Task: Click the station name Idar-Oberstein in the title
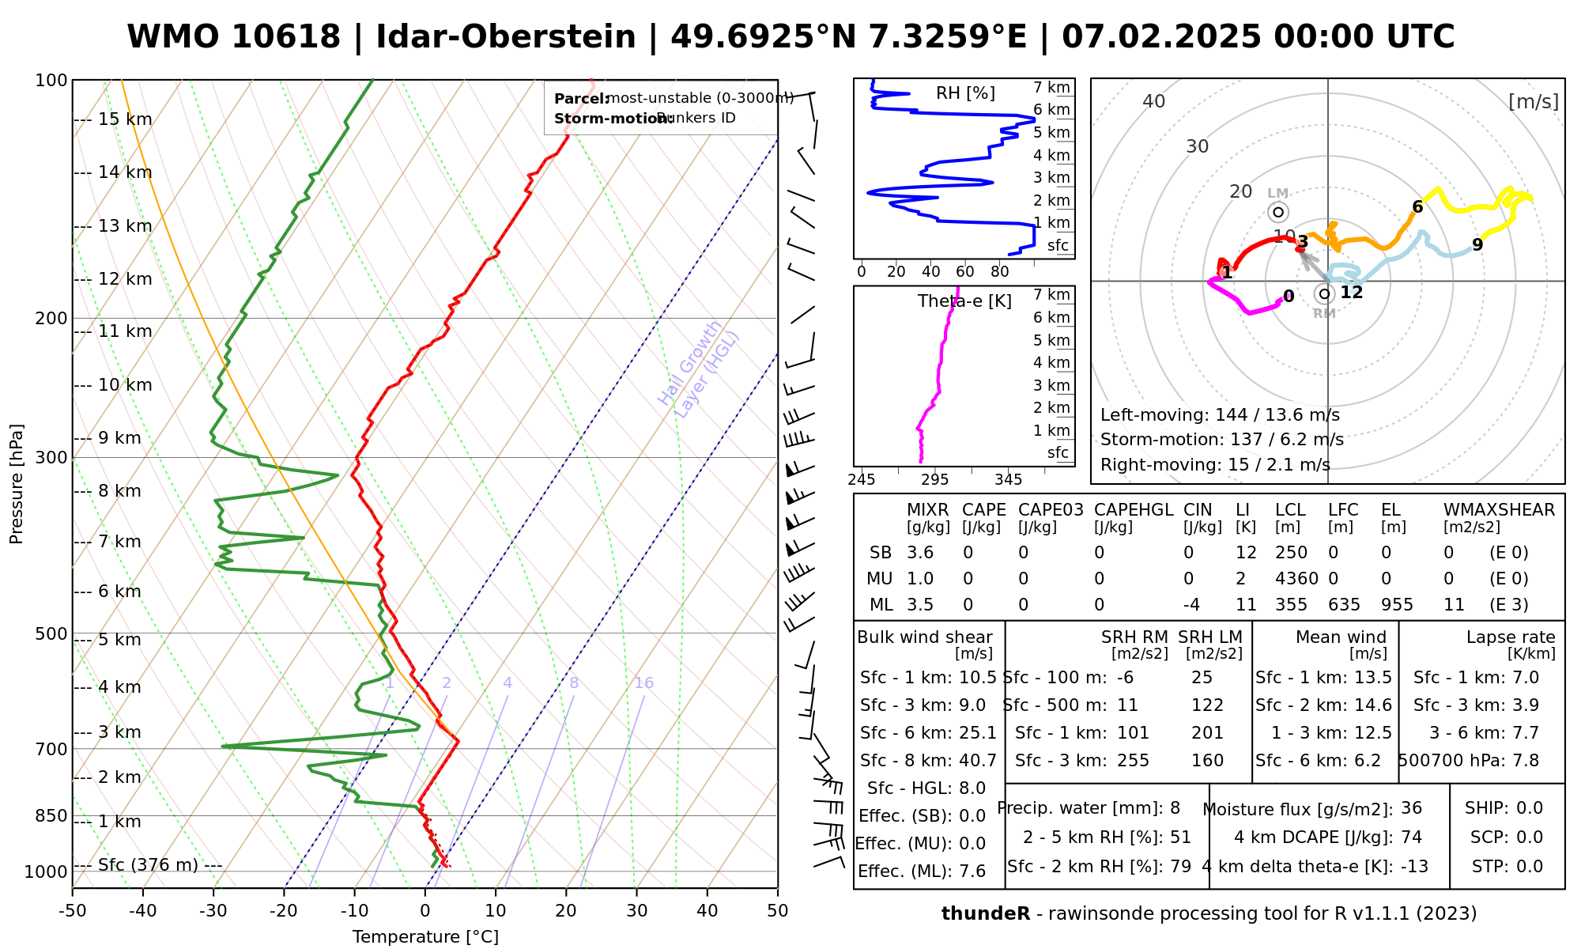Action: (x=506, y=37)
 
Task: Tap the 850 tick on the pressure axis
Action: (x=51, y=815)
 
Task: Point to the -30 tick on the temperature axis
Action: (x=213, y=911)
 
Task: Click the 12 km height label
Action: (x=125, y=279)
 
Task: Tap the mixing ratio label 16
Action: (x=643, y=683)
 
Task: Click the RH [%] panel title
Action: (x=965, y=93)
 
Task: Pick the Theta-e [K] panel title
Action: (x=964, y=301)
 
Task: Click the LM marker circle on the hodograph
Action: (x=1278, y=212)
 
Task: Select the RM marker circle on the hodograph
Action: (x=1325, y=294)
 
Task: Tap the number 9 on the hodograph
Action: (x=1477, y=245)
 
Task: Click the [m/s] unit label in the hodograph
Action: (x=1533, y=102)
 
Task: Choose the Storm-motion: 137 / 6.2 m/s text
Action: (x=1221, y=440)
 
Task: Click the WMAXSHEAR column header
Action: (x=1499, y=510)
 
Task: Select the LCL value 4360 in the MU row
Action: (x=1296, y=579)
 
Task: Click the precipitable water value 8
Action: (x=1175, y=808)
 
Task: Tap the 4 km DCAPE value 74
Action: (x=1411, y=837)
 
